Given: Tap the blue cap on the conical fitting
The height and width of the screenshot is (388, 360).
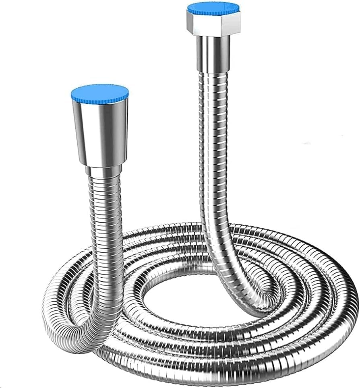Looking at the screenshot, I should click(100, 93).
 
